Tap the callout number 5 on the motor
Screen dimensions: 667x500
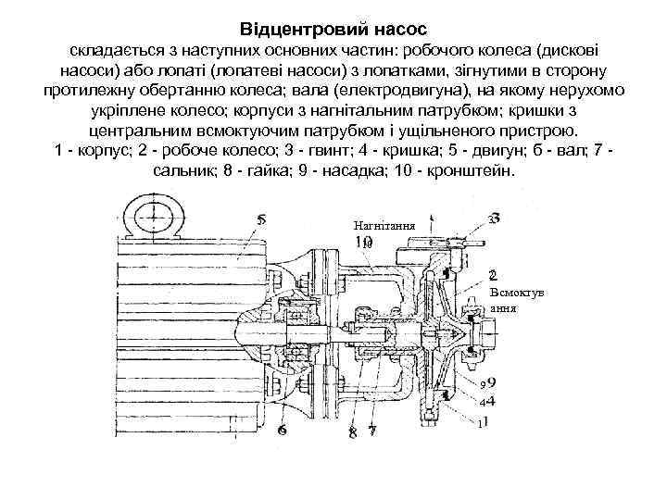pyautogui.click(x=262, y=220)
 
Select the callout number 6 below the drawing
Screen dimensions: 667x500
pyautogui.click(x=281, y=431)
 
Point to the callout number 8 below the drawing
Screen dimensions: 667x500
pyautogui.click(x=352, y=432)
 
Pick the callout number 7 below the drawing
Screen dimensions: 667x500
pyautogui.click(x=371, y=431)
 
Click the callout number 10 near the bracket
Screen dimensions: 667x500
pyautogui.click(x=364, y=242)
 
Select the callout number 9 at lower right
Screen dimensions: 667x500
pyautogui.click(x=490, y=381)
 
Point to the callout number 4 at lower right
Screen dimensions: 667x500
pyautogui.click(x=490, y=401)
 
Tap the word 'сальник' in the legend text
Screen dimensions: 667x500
pyautogui.click(x=184, y=172)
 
